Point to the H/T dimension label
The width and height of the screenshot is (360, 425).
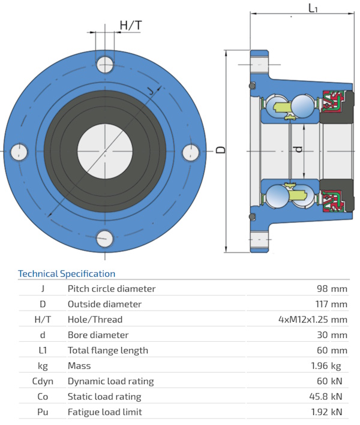131,25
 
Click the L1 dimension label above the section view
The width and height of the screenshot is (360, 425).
313,8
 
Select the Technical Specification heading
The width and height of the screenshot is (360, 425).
67,274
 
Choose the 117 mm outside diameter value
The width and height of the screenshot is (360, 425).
329,304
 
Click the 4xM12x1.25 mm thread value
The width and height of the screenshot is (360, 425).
313,319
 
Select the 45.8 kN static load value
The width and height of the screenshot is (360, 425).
328,397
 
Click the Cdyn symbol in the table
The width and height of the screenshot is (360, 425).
42,381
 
